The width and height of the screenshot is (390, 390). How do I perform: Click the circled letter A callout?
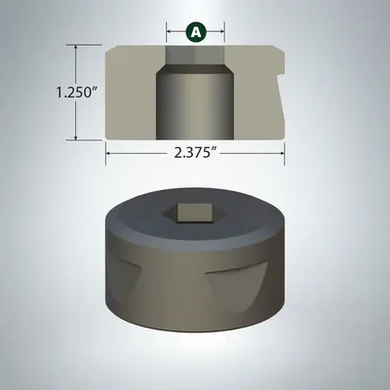[x=196, y=32]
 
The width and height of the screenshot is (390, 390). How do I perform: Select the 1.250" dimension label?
[x=51, y=93]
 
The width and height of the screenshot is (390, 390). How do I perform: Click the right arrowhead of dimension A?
[x=223, y=32]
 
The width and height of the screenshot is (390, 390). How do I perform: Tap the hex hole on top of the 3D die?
[x=196, y=212]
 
